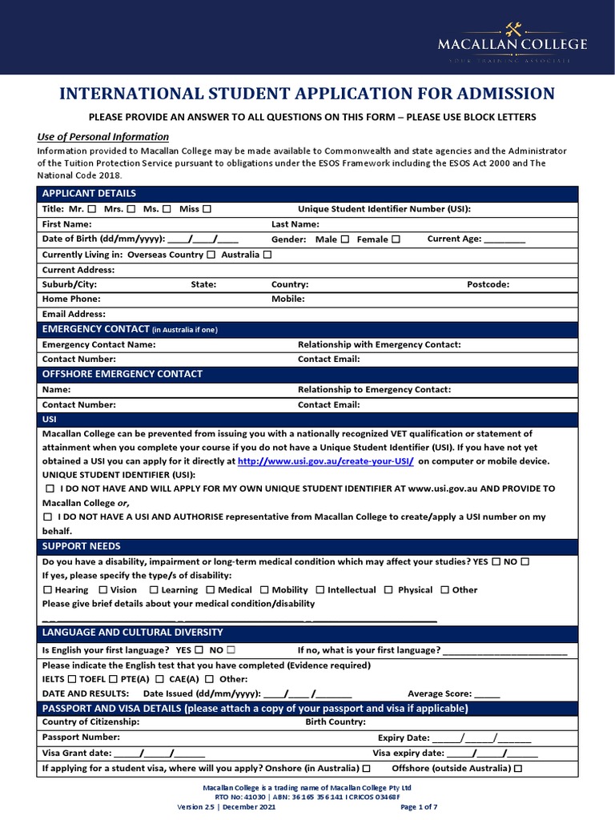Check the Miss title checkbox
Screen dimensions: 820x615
207,209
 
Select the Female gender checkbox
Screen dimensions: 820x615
396,239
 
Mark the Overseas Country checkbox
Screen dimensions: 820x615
211,255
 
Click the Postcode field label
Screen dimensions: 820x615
488,284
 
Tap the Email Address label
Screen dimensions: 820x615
74,315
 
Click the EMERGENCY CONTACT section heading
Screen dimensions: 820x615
95,329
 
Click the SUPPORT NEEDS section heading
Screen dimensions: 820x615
81,546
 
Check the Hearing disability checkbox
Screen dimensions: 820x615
48,590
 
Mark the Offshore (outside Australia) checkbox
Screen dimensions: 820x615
518,769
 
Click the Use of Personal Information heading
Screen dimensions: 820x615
103,137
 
